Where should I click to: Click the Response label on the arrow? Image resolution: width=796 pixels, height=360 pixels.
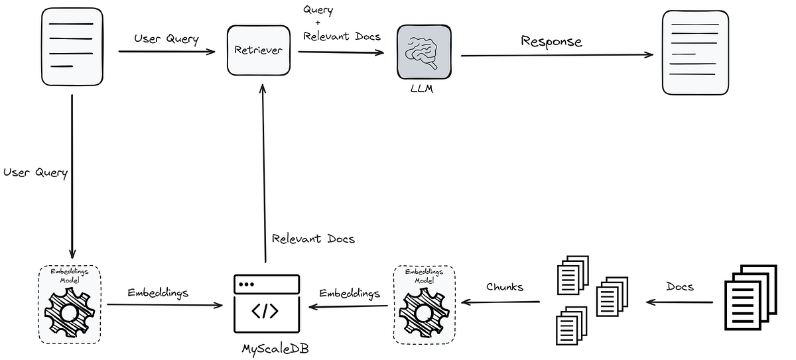pyautogui.click(x=551, y=41)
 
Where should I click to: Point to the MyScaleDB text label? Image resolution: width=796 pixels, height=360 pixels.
pyautogui.click(x=268, y=347)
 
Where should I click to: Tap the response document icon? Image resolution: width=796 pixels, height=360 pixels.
pyautogui.click(x=695, y=52)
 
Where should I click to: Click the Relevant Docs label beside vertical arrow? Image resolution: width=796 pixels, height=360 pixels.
pyautogui.click(x=313, y=239)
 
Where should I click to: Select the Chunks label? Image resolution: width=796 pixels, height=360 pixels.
pyautogui.click(x=505, y=287)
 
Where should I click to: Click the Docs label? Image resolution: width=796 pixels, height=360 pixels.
pyautogui.click(x=679, y=286)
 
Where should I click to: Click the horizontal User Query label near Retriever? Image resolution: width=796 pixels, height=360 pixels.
pyautogui.click(x=166, y=39)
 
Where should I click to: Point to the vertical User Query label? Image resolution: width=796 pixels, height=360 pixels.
pyautogui.click(x=36, y=172)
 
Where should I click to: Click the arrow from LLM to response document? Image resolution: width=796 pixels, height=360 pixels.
pyautogui.click(x=557, y=55)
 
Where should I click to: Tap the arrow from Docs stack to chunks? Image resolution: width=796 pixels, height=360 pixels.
pyautogui.click(x=679, y=302)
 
